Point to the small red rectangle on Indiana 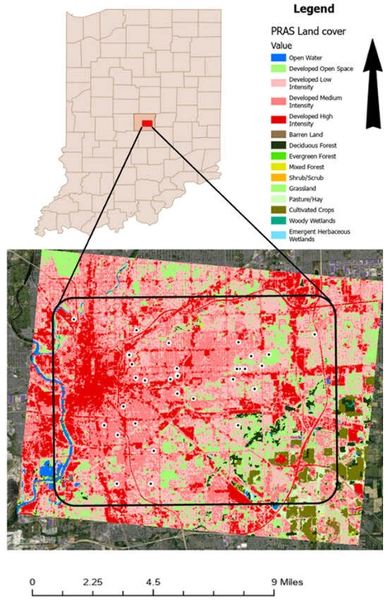(147, 123)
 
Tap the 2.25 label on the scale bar (92, 581)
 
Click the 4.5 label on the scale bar (153, 581)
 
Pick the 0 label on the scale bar (31, 581)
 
